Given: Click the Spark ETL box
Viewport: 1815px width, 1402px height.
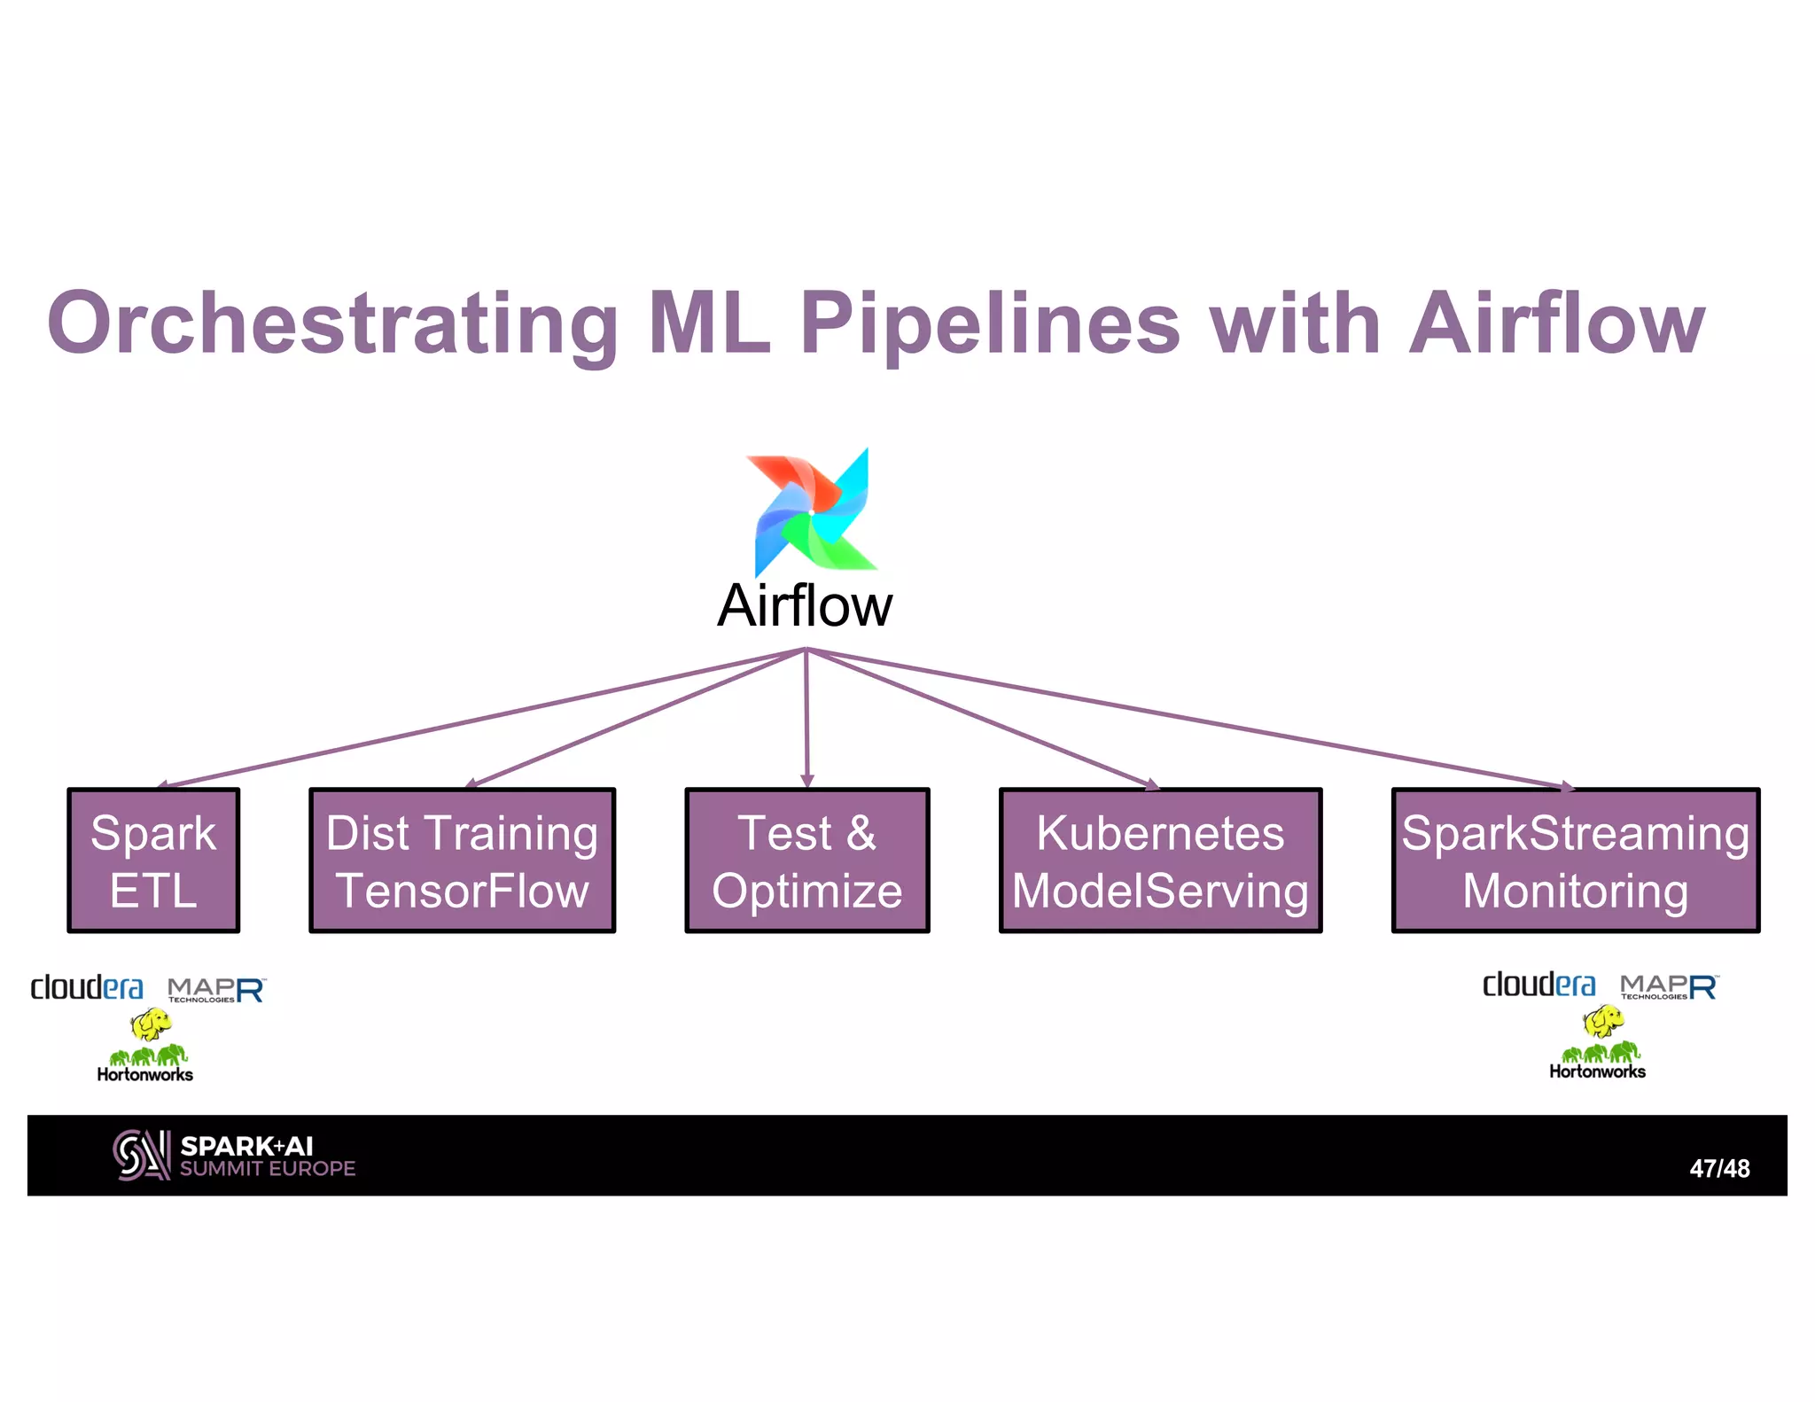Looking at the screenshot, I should pyautogui.click(x=153, y=860).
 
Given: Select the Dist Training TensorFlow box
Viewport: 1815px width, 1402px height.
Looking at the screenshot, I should pyautogui.click(x=462, y=860).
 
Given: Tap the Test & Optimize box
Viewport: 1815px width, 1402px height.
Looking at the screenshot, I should pyautogui.click(x=807, y=860).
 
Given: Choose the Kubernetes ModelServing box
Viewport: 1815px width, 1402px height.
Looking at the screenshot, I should pyautogui.click(x=1160, y=860).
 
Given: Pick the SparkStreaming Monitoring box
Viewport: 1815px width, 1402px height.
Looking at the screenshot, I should pyautogui.click(x=1575, y=860).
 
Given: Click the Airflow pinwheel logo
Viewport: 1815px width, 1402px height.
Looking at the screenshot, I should pyautogui.click(x=811, y=512).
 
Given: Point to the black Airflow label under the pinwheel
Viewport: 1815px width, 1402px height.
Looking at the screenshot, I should pyautogui.click(x=805, y=606).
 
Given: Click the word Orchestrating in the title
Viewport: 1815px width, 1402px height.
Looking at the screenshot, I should pyautogui.click(x=332, y=323).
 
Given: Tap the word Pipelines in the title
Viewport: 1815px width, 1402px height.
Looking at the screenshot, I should pyautogui.click(x=990, y=323).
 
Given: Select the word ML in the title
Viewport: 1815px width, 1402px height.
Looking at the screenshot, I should pyautogui.click(x=709, y=323).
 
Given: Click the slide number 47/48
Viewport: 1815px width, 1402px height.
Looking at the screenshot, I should pyautogui.click(x=1718, y=1168).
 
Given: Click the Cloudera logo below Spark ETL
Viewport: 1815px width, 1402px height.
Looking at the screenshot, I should pyautogui.click(x=87, y=987).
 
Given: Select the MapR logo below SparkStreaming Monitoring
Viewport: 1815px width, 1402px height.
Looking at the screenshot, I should pyautogui.click(x=1669, y=986).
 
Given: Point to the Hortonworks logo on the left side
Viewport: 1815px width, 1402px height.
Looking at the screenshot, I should pyautogui.click(x=146, y=1063).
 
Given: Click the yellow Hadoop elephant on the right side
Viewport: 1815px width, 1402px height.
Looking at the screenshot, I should pyautogui.click(x=1603, y=1022).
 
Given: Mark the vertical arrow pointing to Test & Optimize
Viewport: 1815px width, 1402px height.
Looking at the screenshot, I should pyautogui.click(x=806, y=718).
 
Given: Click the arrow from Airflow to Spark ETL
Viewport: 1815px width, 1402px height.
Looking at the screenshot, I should pyautogui.click(x=479, y=719).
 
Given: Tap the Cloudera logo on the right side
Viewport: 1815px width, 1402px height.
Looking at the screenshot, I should pyautogui.click(x=1538, y=985).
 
